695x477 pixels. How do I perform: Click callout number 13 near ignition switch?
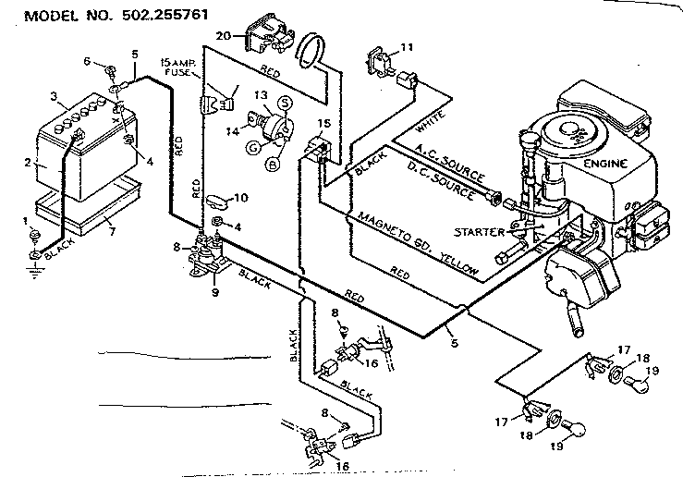click(262, 95)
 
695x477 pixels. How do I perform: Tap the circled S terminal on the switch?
click(287, 102)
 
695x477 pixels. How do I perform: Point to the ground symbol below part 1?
click(33, 271)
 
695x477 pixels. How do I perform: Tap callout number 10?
click(239, 198)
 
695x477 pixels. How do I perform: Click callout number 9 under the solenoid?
click(214, 292)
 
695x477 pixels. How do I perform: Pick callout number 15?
click(323, 123)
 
